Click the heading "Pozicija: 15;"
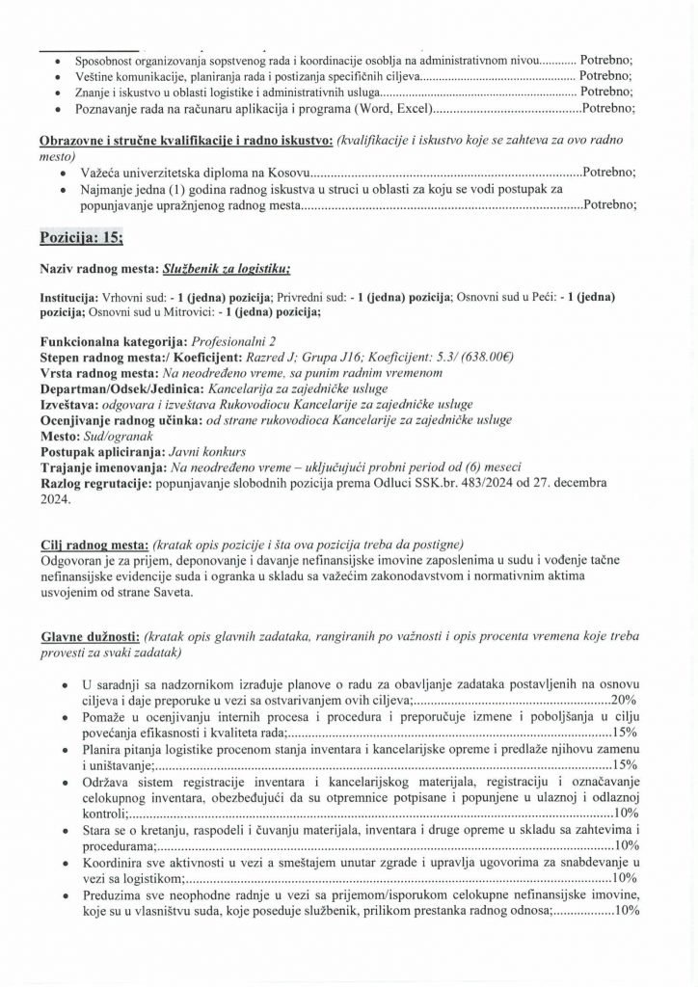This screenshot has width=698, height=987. pyautogui.click(x=82, y=236)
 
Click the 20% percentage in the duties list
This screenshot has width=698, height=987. pyautogui.click(x=626, y=699)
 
